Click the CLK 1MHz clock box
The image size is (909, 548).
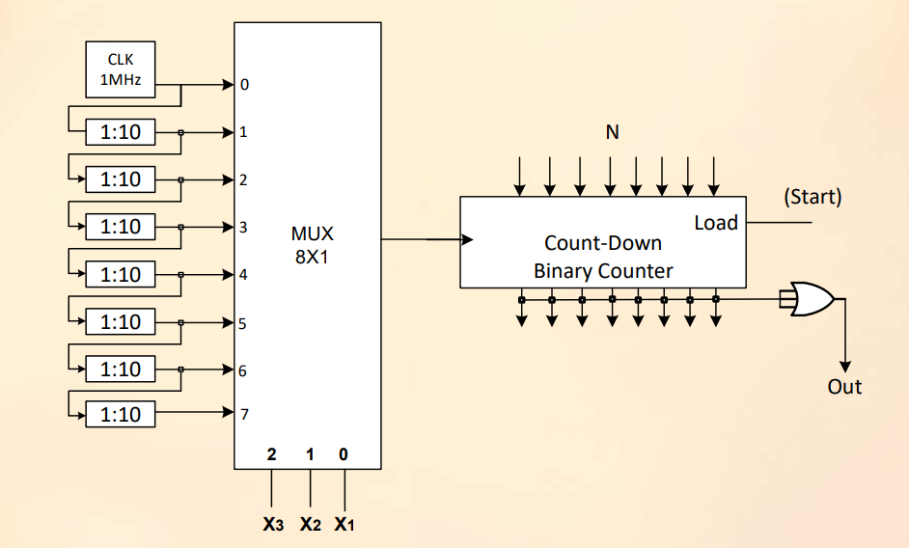pos(121,69)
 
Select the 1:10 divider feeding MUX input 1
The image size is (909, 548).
pos(121,131)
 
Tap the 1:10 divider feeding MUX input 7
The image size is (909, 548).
pos(121,415)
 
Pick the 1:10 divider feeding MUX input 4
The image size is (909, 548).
pos(121,274)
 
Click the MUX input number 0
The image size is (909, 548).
pos(244,85)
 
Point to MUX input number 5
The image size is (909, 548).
pos(243,323)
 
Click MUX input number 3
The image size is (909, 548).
pos(243,228)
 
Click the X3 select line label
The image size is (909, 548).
pos(273,526)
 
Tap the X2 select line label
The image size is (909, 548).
pos(310,526)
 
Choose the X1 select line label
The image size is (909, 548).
pos(344,526)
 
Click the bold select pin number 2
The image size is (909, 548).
pos(272,453)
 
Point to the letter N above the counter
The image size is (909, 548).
pos(612,132)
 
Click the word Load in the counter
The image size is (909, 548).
pos(716,223)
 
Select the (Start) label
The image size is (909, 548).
pos(813,198)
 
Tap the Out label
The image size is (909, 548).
pos(844,387)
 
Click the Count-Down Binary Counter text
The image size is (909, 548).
pos(603,257)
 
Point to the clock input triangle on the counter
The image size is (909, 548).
pos(468,240)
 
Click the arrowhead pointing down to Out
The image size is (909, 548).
pos(845,366)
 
